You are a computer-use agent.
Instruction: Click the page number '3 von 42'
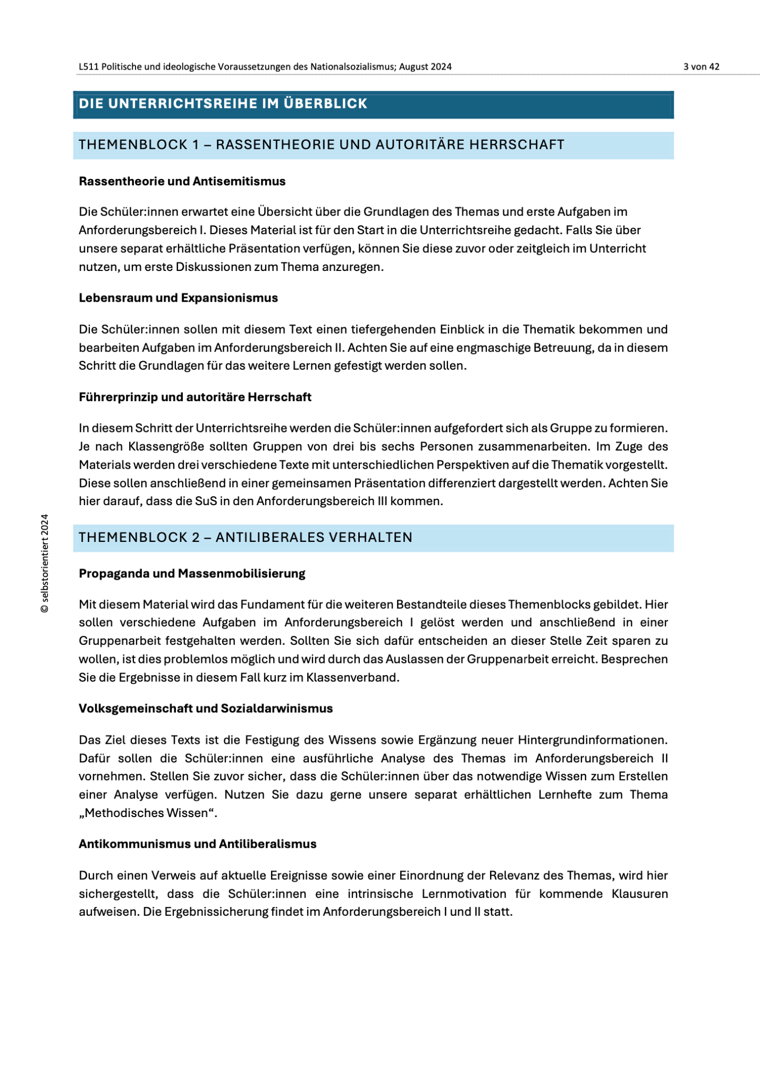701,67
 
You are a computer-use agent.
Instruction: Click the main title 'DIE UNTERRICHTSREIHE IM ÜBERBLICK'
223,104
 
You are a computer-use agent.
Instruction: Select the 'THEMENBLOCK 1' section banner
322,144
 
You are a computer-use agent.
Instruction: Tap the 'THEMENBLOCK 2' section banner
246,537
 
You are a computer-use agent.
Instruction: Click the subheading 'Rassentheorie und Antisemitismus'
182,182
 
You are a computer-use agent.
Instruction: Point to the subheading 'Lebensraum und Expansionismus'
179,298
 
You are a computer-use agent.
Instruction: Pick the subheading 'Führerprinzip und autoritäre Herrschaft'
195,397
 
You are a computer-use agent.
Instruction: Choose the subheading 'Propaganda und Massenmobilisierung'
192,574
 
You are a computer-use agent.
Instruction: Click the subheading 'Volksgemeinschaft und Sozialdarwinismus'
206,709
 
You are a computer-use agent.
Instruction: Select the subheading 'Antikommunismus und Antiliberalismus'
198,844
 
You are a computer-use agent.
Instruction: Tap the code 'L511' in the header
88,67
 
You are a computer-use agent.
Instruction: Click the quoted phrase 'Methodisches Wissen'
148,813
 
